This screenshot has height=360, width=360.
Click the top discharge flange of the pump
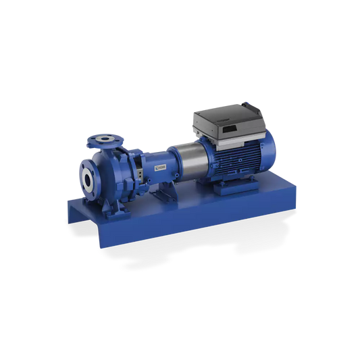click(x=105, y=138)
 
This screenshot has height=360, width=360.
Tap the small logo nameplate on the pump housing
click(x=162, y=164)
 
